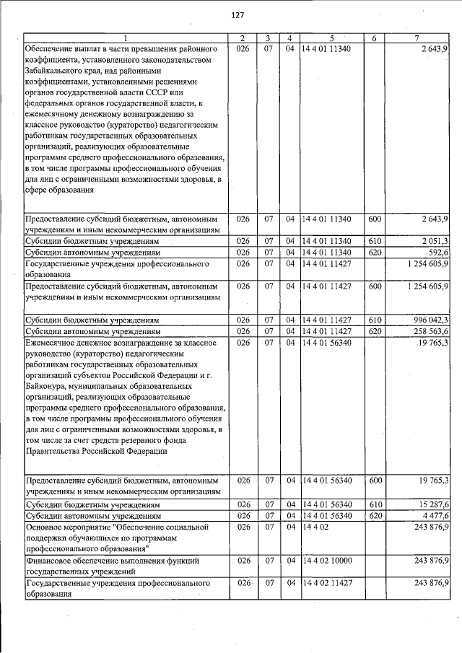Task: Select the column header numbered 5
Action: [331, 38]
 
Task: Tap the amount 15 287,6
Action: [432, 504]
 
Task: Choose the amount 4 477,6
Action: [434, 516]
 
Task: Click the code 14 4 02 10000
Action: [328, 560]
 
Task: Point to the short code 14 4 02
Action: [316, 528]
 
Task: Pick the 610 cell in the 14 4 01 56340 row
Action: [375, 504]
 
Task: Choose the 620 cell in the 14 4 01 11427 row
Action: [375, 331]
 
